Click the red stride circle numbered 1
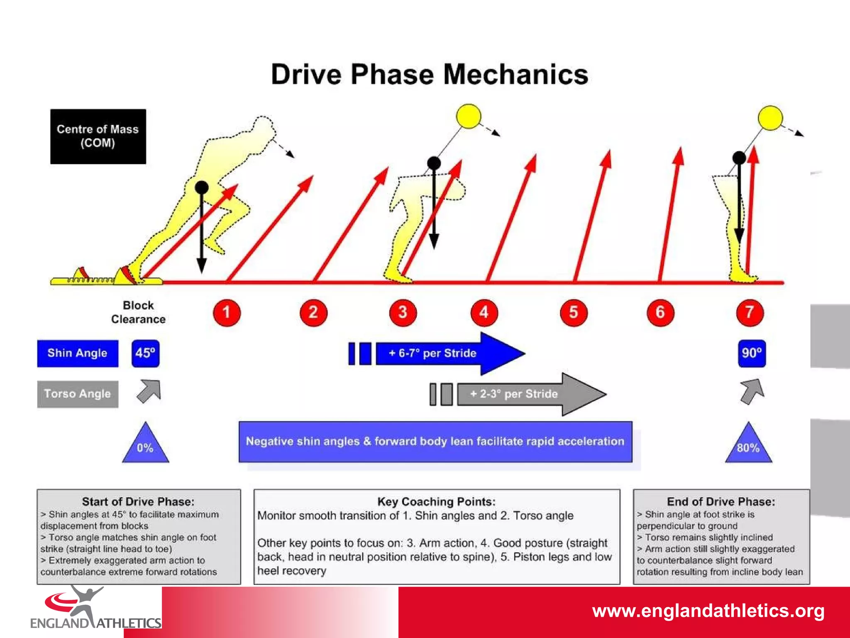click(227, 312)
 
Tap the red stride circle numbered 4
click(484, 312)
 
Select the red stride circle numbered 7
click(750, 312)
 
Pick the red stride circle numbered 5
click(574, 312)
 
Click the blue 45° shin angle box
click(145, 353)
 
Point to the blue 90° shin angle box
click(752, 353)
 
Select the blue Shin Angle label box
click(78, 353)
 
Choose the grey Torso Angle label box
click(78, 394)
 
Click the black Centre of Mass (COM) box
click(98, 136)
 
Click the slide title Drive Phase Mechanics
click(430, 75)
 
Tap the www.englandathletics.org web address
click(708, 611)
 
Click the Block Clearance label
click(138, 312)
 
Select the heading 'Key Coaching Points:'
click(436, 502)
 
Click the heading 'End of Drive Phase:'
click(721, 502)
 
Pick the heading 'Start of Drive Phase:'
click(138, 502)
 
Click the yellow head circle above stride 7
click(770, 118)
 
